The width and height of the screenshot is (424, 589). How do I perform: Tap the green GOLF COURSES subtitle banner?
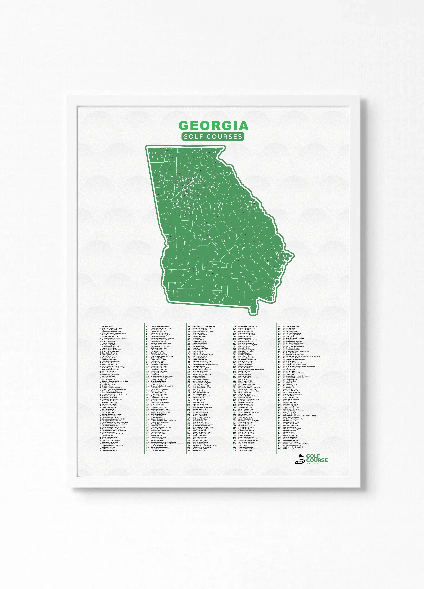[213, 136]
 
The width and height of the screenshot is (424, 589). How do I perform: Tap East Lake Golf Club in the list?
[157, 415]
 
